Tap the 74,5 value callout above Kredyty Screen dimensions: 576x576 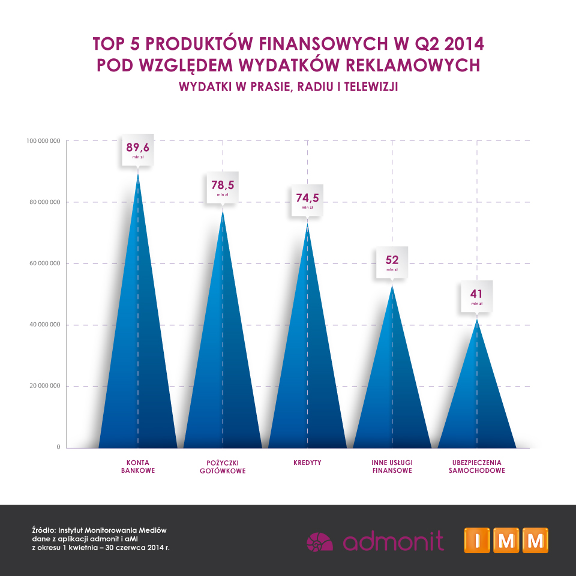coord(307,199)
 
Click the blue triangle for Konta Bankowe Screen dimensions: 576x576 coord(138,360)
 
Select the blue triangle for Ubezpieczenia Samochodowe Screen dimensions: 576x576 coord(477,402)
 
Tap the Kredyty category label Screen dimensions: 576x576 coord(307,463)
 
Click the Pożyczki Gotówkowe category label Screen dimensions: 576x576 coord(223,467)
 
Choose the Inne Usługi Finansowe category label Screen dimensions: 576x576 coord(392,467)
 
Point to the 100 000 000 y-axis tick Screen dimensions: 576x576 coord(43,141)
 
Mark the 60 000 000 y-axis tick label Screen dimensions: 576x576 coord(44,263)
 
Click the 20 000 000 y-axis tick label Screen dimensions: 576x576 coord(44,386)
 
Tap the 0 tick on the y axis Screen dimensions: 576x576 coord(59,448)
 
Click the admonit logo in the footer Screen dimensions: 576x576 coord(375,541)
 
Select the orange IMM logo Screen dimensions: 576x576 coord(506,540)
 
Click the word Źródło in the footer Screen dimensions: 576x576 coord(43,530)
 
